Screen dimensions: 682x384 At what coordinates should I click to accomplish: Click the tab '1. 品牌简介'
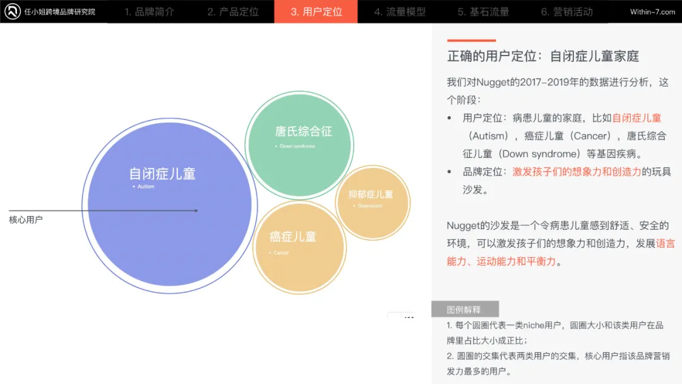[x=149, y=12]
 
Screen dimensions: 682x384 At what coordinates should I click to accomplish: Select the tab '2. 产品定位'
[x=233, y=12]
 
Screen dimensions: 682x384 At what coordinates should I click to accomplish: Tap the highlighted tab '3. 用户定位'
[x=316, y=12]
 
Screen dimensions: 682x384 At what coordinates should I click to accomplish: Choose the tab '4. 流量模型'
[x=400, y=12]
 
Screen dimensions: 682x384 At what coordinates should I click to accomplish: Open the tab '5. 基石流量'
[x=483, y=12]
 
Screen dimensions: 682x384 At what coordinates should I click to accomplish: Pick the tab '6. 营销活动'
[x=566, y=12]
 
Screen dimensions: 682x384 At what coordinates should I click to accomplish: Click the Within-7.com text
[x=652, y=12]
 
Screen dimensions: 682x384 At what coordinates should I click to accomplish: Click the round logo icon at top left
[x=13, y=12]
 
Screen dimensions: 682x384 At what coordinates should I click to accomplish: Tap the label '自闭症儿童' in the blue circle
[x=162, y=174]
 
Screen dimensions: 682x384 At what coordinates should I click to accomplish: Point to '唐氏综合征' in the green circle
[x=303, y=131]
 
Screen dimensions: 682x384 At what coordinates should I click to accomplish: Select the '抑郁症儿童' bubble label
[x=371, y=195]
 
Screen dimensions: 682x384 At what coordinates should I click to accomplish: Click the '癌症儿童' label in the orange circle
[x=292, y=237]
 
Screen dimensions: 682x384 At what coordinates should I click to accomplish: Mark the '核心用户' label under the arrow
[x=26, y=220]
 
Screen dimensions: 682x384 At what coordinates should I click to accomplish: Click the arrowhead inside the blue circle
[x=196, y=210]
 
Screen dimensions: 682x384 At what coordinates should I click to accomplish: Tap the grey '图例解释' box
[x=464, y=309]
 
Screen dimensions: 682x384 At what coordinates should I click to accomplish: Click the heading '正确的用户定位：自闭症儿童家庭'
[x=543, y=56]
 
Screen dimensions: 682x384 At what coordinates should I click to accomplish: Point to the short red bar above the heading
[x=471, y=40]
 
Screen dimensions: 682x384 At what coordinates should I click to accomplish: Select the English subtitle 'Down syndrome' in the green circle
[x=297, y=147]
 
